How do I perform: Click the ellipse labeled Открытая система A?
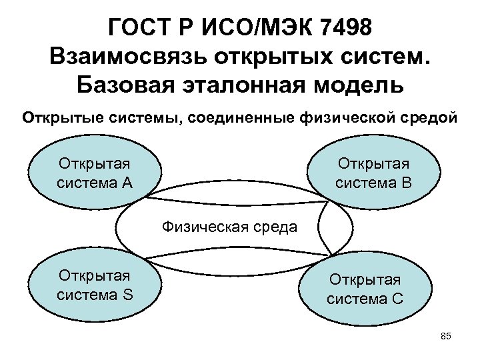(x=94, y=173)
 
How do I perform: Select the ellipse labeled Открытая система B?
(x=373, y=173)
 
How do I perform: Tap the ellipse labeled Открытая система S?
(x=94, y=285)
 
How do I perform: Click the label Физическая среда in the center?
(x=229, y=228)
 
